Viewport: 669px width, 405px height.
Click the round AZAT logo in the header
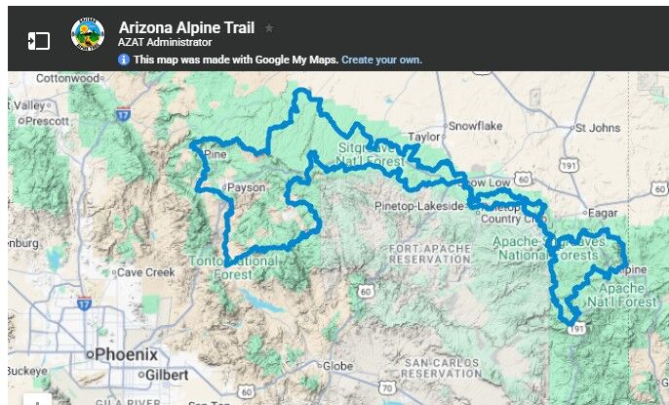tap(88, 36)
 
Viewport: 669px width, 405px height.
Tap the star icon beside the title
tap(269, 28)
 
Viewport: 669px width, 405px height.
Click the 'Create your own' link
tap(381, 60)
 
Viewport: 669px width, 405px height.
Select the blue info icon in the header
tap(124, 60)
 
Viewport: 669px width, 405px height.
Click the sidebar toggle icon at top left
tap(38, 41)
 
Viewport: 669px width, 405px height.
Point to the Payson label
tap(249, 186)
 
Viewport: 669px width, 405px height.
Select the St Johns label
tap(597, 127)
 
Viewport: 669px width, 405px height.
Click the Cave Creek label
tap(143, 272)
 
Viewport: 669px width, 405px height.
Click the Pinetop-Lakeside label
tap(419, 207)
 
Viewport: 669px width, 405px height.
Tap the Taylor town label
tap(425, 138)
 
